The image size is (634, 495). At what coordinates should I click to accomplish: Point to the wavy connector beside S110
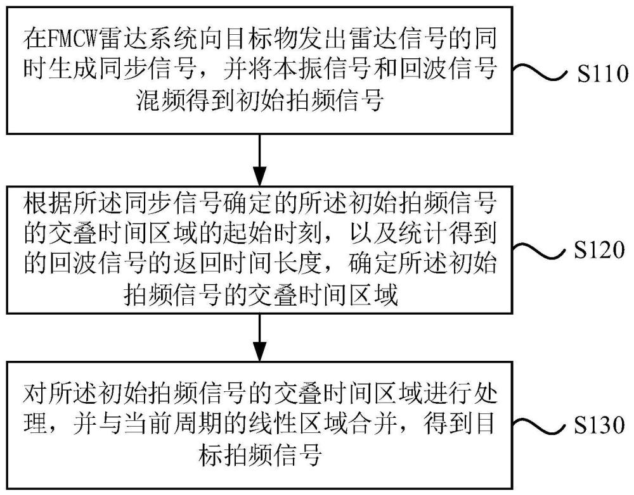click(543, 74)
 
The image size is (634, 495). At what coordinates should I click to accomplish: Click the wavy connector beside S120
click(543, 250)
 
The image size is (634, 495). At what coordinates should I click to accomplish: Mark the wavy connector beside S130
click(543, 424)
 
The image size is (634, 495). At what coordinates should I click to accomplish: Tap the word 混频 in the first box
click(158, 100)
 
